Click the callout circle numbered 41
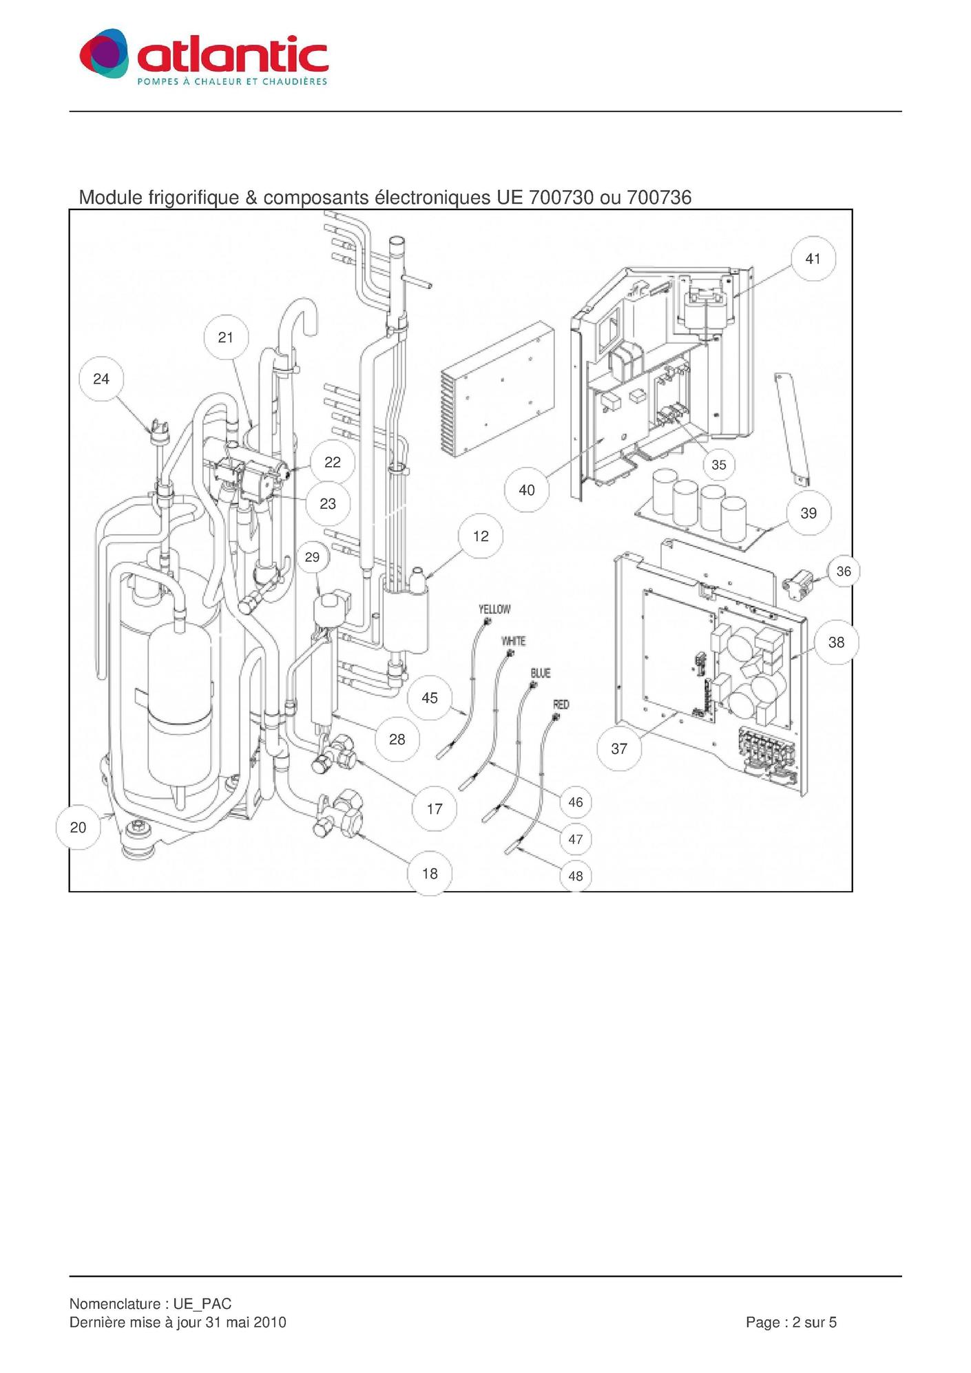click(813, 259)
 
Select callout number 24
click(101, 379)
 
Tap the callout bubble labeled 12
click(481, 536)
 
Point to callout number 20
click(79, 827)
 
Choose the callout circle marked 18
click(430, 873)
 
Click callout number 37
click(619, 748)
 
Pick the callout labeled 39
click(808, 513)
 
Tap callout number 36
click(844, 572)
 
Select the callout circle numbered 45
click(430, 698)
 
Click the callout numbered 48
click(576, 876)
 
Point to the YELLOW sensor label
click(494, 609)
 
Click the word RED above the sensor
click(561, 704)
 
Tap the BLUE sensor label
click(541, 673)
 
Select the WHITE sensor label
click(514, 641)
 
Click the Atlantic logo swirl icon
click(104, 54)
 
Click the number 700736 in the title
click(659, 198)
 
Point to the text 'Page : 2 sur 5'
click(791, 1322)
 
